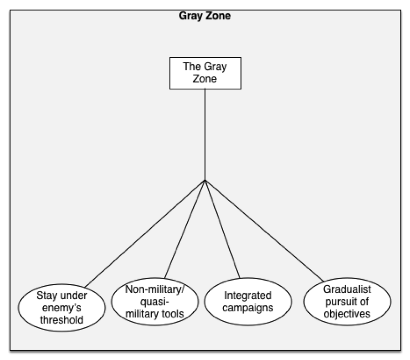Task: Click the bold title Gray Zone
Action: click(205, 16)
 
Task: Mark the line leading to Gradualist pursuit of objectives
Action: click(264, 230)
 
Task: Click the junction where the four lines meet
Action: click(205, 179)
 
